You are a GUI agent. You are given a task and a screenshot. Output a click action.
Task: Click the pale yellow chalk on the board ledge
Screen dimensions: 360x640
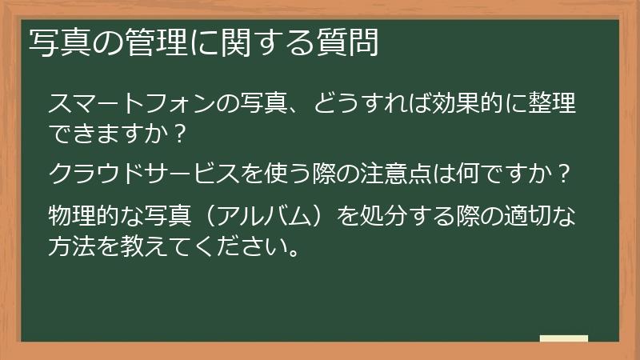(563, 338)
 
